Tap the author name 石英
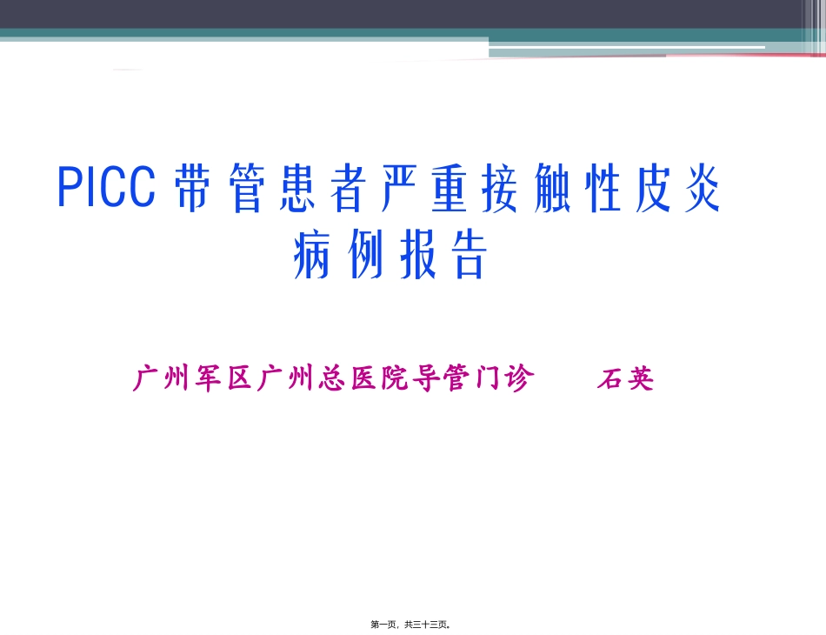[624, 379]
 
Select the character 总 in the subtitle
[333, 379]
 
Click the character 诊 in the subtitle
[519, 379]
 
